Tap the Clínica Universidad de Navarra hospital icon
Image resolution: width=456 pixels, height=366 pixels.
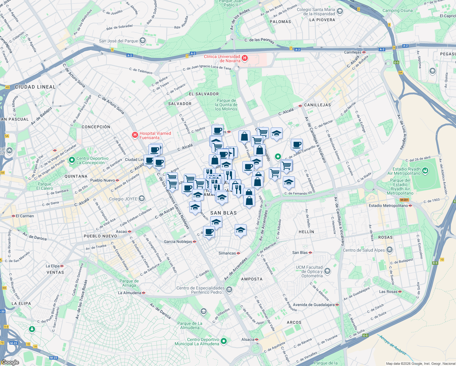tap(244, 58)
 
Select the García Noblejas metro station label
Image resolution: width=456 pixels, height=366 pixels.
tap(178, 242)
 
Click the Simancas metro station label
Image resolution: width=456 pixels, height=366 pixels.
tap(227, 253)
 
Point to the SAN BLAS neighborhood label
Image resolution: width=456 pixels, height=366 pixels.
tap(223, 213)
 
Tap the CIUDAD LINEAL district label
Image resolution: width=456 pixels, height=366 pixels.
tap(35, 87)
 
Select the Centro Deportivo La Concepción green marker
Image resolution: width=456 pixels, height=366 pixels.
tap(72, 160)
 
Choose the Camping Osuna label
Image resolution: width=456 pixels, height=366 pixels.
tap(397, 10)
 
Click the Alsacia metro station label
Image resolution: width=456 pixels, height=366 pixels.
tap(248, 339)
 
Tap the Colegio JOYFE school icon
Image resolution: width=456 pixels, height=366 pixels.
tap(141, 199)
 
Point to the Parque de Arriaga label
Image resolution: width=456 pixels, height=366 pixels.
tap(129, 283)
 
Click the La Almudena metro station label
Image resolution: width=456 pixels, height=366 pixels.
tap(130, 293)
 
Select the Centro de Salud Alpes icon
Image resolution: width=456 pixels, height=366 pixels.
tap(390, 250)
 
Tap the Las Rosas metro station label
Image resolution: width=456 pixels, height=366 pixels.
tap(388, 292)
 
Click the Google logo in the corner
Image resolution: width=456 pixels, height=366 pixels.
tap(10, 362)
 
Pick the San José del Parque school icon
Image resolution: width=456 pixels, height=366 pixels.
tap(142, 41)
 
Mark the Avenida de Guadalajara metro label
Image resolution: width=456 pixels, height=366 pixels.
tap(314, 305)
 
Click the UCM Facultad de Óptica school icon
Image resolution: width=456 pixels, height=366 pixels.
tap(327, 271)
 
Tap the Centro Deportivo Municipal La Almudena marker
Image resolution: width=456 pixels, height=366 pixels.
tap(224, 341)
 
